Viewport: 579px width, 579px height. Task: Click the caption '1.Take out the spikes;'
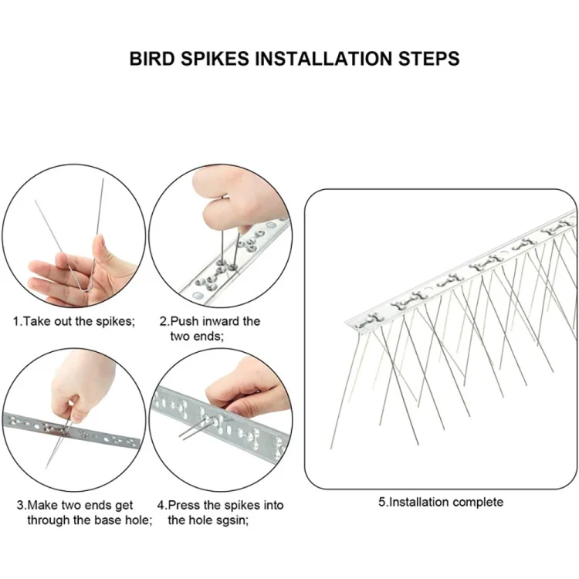tap(73, 320)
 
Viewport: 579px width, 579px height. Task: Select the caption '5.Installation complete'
tap(440, 502)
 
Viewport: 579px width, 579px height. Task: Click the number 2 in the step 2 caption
tap(163, 320)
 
